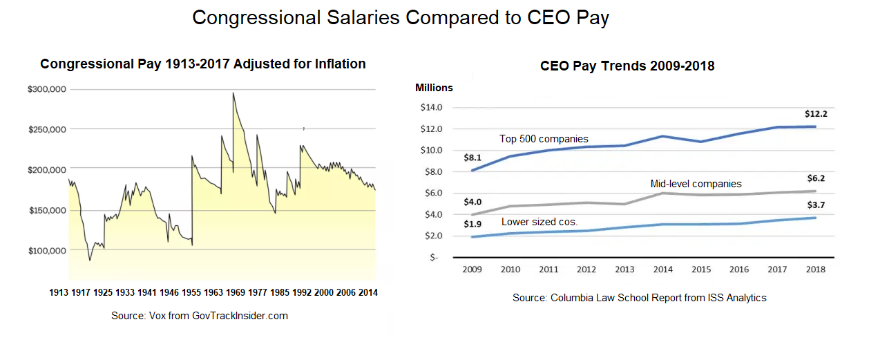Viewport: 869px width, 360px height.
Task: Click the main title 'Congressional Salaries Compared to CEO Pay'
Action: (400, 18)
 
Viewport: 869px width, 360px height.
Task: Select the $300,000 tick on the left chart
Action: (46, 89)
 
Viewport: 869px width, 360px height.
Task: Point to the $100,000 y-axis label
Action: (46, 250)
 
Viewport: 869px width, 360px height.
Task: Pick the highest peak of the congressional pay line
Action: (233, 93)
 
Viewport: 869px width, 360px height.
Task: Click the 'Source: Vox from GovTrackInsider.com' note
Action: (199, 316)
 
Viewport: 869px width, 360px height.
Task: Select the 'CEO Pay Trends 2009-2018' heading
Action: (627, 66)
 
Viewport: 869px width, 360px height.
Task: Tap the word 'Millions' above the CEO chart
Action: (434, 88)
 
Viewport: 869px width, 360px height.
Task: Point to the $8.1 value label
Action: (471, 158)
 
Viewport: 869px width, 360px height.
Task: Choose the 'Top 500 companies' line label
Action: (544, 139)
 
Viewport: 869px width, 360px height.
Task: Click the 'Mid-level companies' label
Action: (696, 184)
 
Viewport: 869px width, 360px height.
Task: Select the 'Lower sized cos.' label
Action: (539, 222)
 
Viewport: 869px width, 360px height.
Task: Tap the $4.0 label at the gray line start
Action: (471, 202)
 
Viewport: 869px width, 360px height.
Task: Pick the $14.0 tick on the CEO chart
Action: (431, 108)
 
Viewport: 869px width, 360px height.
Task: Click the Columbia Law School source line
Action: (639, 298)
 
